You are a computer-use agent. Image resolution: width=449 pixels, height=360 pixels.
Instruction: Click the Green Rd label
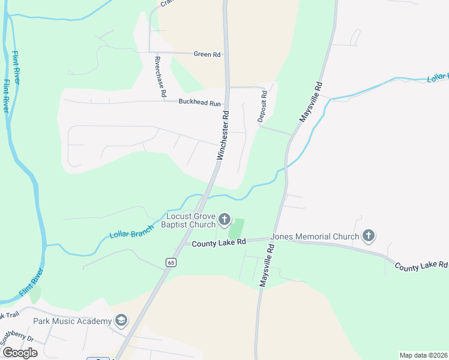tap(207, 55)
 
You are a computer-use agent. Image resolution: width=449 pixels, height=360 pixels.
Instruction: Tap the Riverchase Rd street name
tap(160, 77)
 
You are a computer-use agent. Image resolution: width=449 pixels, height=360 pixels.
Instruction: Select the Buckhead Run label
tap(199, 103)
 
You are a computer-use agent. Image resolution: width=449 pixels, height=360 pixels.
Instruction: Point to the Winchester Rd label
tap(223, 134)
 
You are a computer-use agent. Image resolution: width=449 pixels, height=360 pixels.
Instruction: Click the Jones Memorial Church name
tap(315, 236)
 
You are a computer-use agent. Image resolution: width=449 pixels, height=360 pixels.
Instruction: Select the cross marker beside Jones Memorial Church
tap(369, 236)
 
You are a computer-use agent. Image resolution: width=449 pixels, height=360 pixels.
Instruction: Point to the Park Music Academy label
tap(73, 321)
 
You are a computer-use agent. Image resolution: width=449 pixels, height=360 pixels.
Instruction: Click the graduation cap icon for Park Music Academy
tap(122, 321)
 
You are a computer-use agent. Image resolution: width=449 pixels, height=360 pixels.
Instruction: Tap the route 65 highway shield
tap(171, 262)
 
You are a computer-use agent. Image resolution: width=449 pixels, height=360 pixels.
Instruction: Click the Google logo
tap(20, 353)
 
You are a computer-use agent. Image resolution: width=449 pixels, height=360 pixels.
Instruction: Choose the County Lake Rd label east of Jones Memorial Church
tap(421, 265)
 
